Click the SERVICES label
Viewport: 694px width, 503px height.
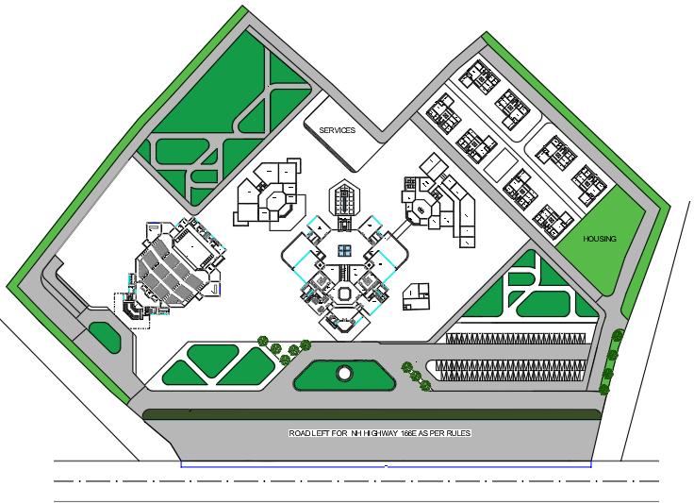click(x=337, y=130)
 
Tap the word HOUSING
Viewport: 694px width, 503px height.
click(x=599, y=239)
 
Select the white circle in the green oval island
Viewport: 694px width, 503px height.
click(x=344, y=374)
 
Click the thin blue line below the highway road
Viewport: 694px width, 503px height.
click(x=386, y=465)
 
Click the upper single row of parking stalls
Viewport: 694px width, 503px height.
click(x=515, y=339)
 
